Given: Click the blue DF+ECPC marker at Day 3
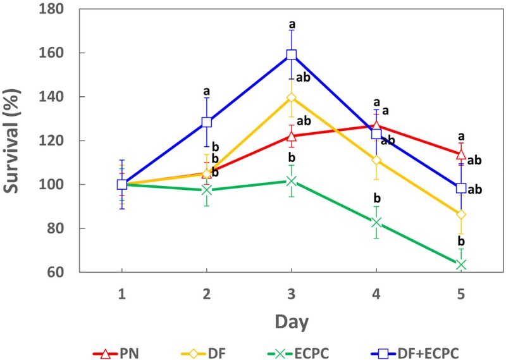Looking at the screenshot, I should pyautogui.click(x=292, y=55).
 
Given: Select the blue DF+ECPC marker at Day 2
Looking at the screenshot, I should pyautogui.click(x=206, y=122).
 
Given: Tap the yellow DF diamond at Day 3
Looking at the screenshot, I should pyautogui.click(x=292, y=97).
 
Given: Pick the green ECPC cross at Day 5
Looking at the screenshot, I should pyautogui.click(x=461, y=264).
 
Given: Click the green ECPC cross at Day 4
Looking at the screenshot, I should pyautogui.click(x=376, y=223).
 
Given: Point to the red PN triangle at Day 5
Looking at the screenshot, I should pyautogui.click(x=461, y=154).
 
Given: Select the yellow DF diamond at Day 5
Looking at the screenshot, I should pyautogui.click(x=461, y=214).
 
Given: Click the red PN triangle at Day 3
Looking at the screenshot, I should pyautogui.click(x=292, y=136).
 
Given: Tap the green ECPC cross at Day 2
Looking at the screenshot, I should pyautogui.click(x=206, y=190).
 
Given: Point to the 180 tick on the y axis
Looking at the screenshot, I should pyautogui.click(x=68, y=9).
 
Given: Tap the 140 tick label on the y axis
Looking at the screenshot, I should pyautogui.click(x=68, y=97).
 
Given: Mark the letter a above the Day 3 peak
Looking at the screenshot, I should pyautogui.click(x=292, y=25).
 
